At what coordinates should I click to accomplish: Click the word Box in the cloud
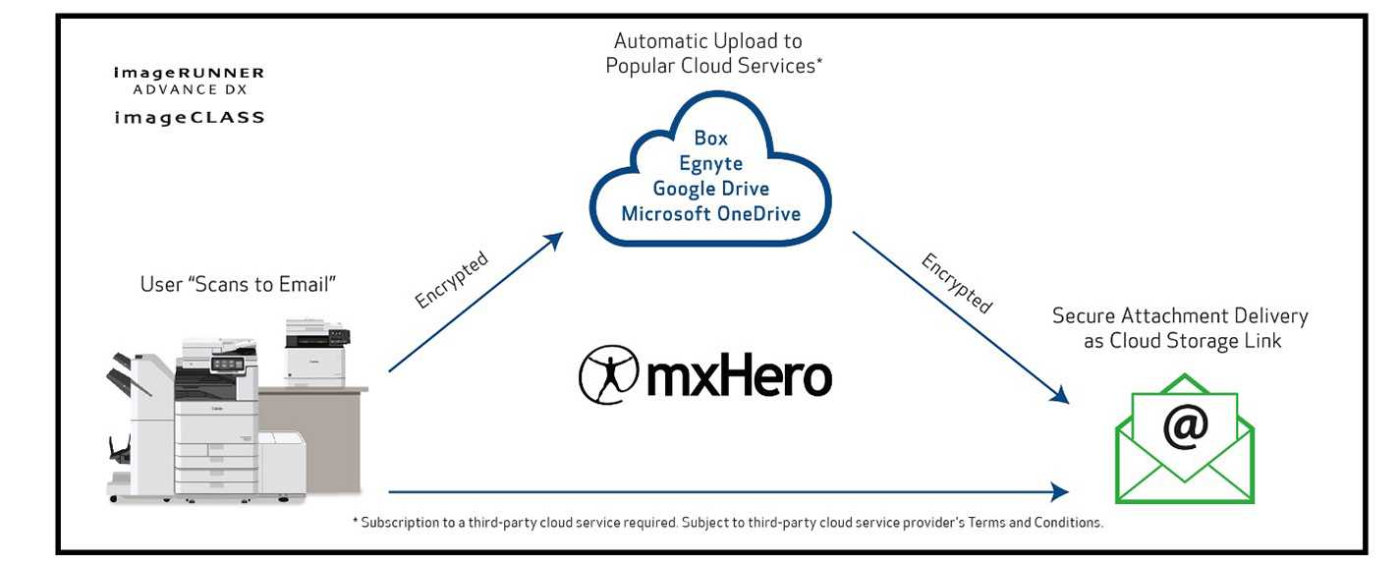tap(710, 139)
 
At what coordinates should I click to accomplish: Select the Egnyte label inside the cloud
tap(710, 163)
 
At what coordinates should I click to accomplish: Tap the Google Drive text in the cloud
tap(710, 189)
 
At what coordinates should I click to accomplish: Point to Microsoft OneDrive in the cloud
tap(710, 213)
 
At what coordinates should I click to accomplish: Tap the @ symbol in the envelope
tap(1185, 425)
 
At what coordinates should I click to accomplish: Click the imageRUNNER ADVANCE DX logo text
tap(189, 81)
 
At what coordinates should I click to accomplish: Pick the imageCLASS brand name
tap(189, 117)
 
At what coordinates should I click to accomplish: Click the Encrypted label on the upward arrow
tap(451, 280)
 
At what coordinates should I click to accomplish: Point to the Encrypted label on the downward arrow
tap(957, 283)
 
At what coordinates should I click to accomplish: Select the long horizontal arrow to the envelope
tap(727, 490)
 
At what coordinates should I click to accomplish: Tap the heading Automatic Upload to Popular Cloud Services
tap(708, 54)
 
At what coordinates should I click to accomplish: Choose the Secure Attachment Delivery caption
tap(1180, 328)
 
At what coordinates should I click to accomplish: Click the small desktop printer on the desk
tap(316, 351)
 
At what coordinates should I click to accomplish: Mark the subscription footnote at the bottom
tap(727, 523)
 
